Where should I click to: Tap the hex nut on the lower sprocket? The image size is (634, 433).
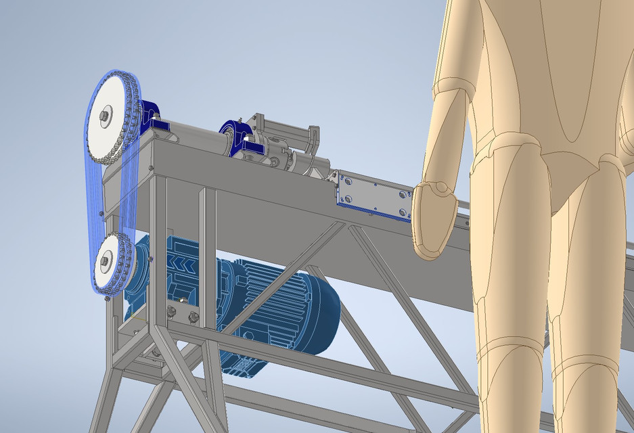click(x=106, y=259)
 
